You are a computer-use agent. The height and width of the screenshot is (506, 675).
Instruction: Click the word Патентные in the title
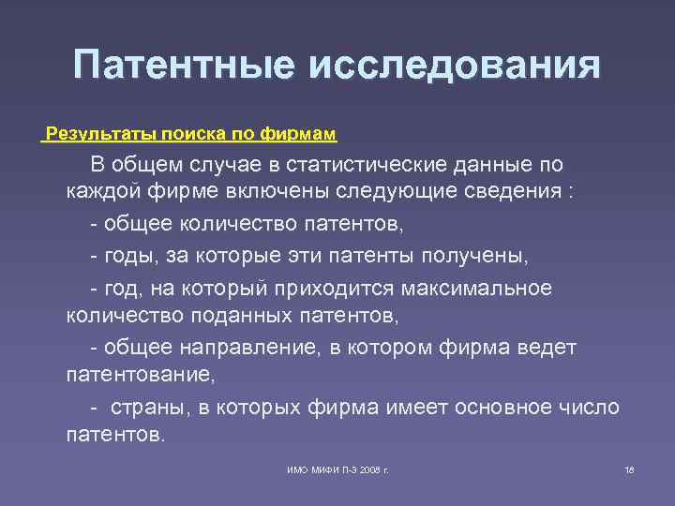(x=181, y=67)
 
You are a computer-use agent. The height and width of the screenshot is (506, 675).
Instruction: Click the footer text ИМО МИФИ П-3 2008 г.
(x=337, y=468)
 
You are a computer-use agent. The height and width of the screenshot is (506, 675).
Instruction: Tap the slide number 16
(x=629, y=468)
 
